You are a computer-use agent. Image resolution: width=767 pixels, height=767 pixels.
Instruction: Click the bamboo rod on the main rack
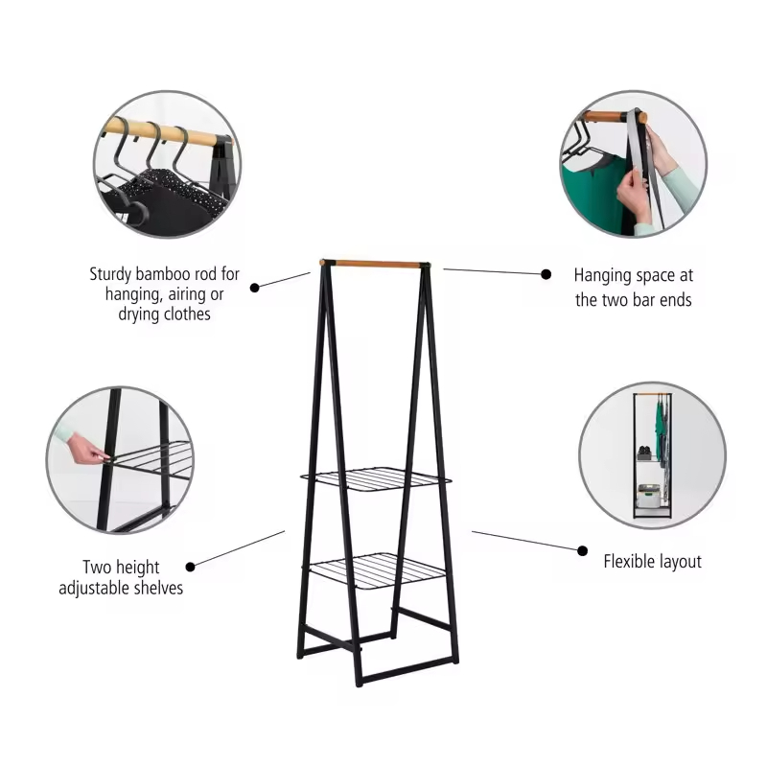(x=372, y=262)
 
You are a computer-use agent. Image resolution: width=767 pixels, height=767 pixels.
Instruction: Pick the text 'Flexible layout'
(x=652, y=561)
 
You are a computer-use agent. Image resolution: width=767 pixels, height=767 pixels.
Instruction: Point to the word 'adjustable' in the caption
(x=100, y=587)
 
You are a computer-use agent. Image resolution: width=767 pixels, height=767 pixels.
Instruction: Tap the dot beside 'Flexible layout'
(x=582, y=550)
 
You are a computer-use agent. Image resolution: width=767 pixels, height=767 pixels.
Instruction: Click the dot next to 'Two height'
(x=191, y=567)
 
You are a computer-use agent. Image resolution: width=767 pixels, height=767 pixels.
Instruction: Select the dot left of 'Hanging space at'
(x=546, y=274)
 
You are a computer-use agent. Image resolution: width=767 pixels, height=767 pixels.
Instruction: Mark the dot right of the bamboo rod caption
(x=255, y=286)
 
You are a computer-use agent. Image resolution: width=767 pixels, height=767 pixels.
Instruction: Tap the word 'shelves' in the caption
(x=158, y=587)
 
